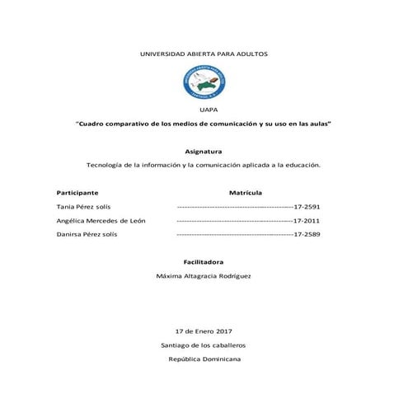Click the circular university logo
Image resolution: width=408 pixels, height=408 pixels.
click(x=204, y=83)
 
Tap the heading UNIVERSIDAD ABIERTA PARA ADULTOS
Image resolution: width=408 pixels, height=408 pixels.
click(x=204, y=54)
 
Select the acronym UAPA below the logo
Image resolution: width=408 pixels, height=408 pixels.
click(x=204, y=108)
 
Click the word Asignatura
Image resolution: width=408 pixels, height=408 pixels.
click(x=204, y=151)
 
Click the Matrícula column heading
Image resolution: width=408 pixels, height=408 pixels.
click(x=245, y=191)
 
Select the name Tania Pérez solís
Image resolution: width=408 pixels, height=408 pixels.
click(x=83, y=206)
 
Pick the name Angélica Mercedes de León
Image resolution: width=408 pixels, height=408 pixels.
click(x=100, y=220)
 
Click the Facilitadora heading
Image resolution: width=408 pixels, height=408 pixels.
click(x=204, y=260)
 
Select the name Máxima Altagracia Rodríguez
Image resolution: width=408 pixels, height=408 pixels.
click(x=204, y=275)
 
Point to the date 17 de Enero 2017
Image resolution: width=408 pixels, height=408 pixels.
click(x=204, y=331)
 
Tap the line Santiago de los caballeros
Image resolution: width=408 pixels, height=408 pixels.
click(x=204, y=345)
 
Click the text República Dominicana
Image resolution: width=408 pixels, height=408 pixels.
click(x=204, y=359)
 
